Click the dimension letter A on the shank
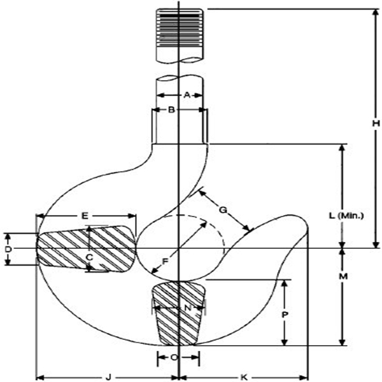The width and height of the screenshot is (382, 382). (x=187, y=95)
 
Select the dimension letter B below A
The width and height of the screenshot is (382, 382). (x=171, y=110)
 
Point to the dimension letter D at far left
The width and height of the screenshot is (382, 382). (x=8, y=249)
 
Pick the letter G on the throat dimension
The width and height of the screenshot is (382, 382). (x=222, y=209)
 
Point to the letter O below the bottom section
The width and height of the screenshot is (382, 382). (x=174, y=358)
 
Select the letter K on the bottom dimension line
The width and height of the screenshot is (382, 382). (x=244, y=377)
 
